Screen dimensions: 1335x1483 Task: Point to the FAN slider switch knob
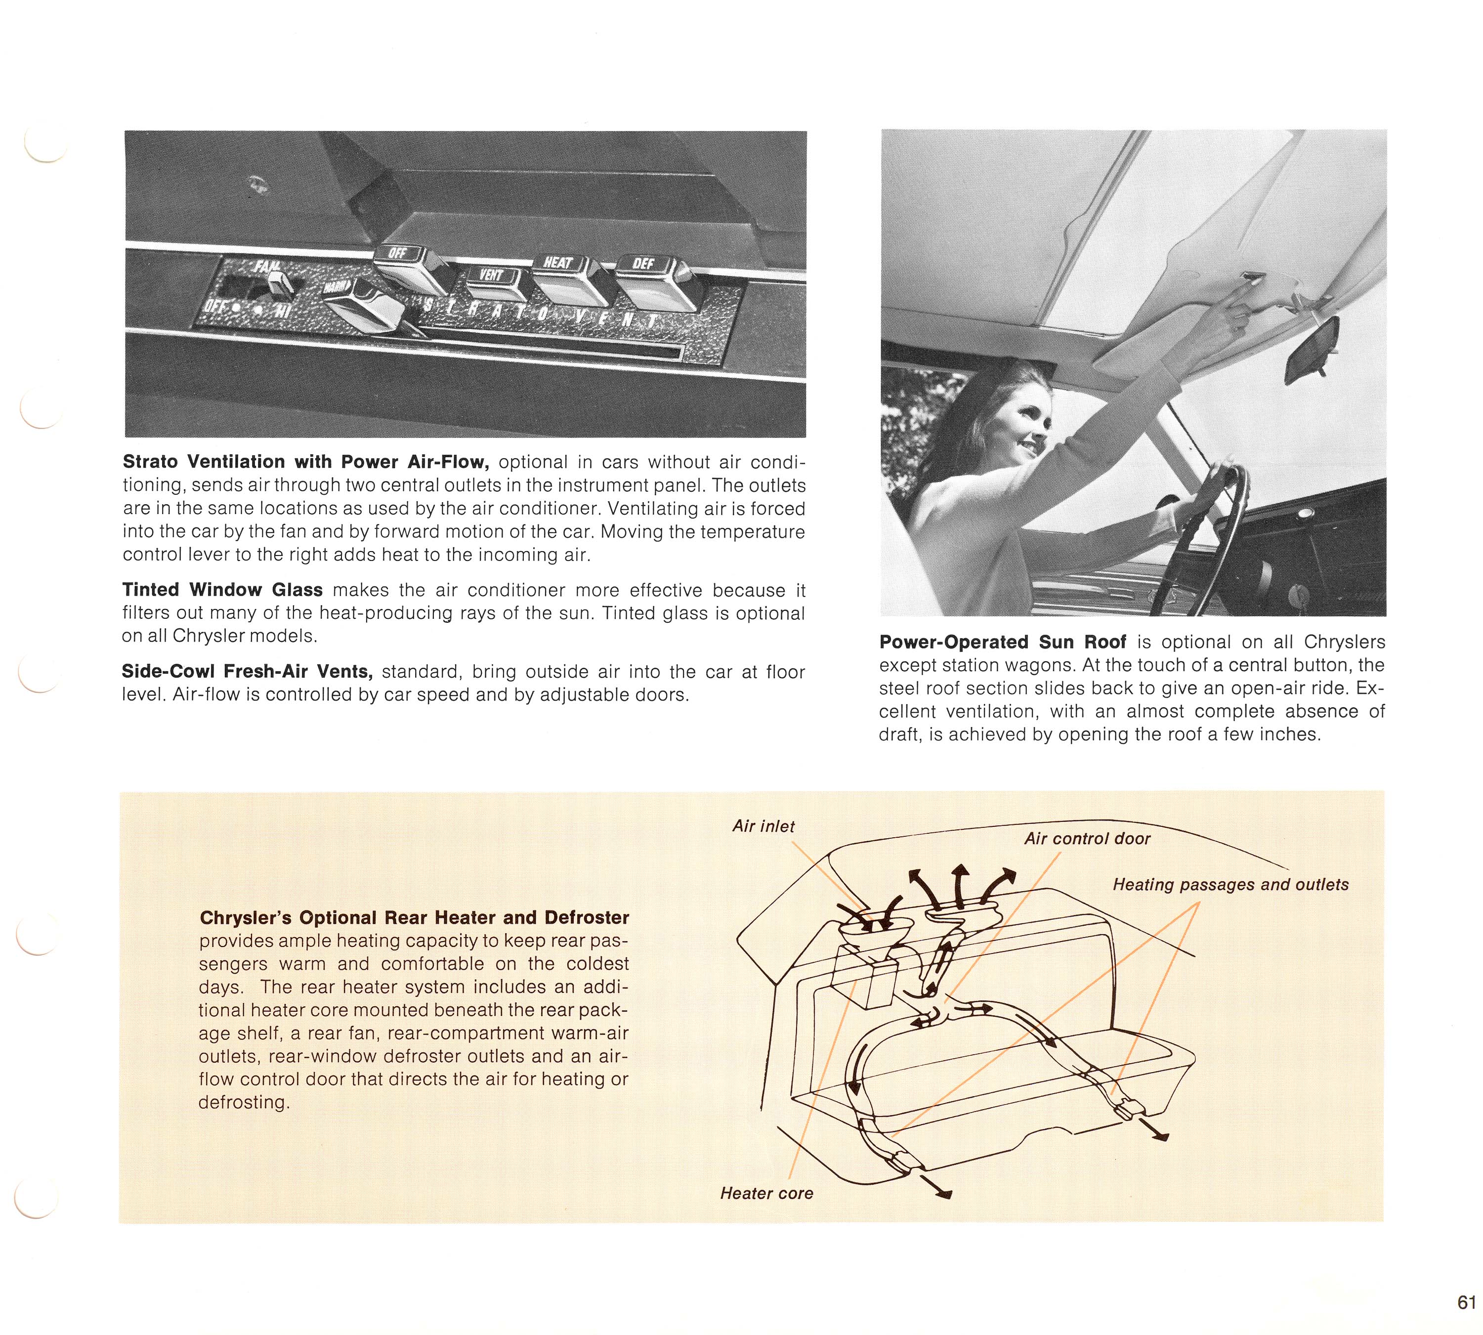279,285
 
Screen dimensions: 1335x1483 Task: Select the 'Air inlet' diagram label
763,827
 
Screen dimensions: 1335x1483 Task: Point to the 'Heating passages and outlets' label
1230,885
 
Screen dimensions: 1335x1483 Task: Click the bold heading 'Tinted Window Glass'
222,590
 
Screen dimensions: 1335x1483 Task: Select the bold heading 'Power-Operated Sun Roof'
1002,642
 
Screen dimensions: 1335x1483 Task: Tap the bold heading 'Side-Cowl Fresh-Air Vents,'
248,672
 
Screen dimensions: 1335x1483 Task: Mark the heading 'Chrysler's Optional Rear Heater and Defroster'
415,918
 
